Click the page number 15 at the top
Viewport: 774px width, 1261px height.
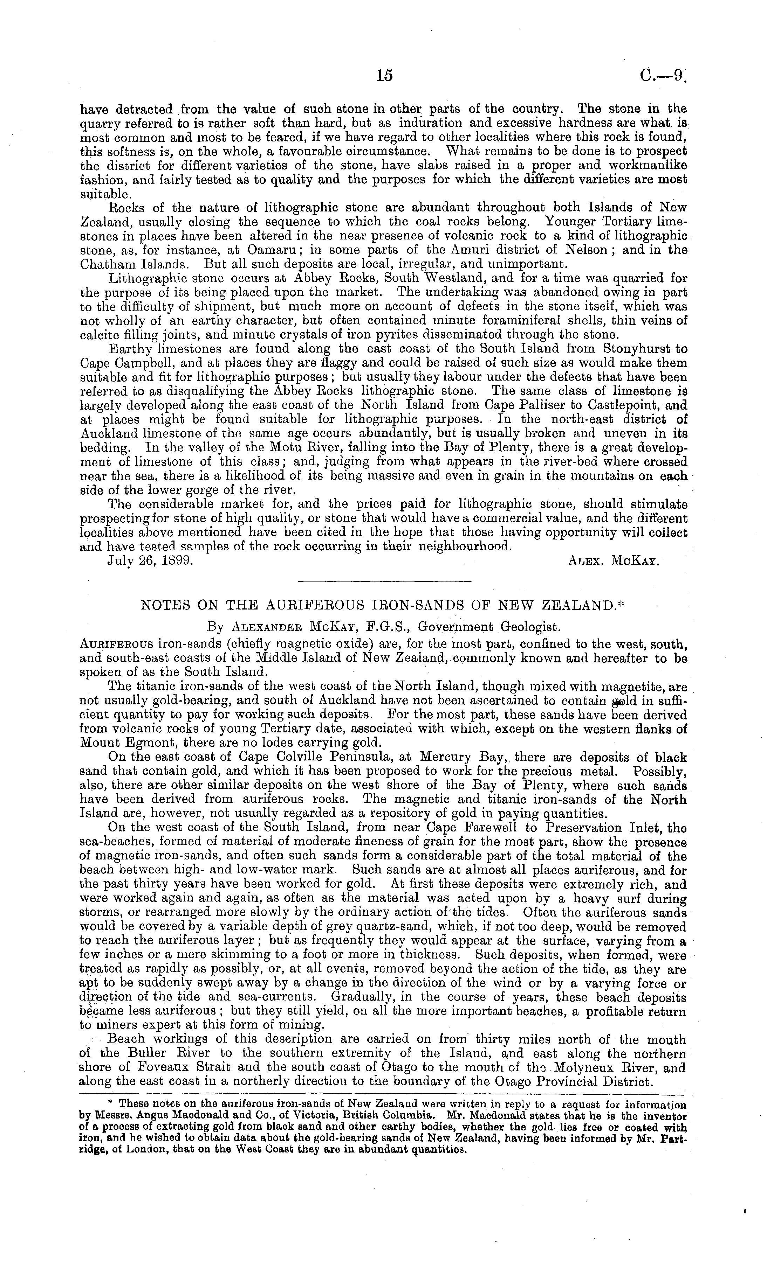coord(384,76)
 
